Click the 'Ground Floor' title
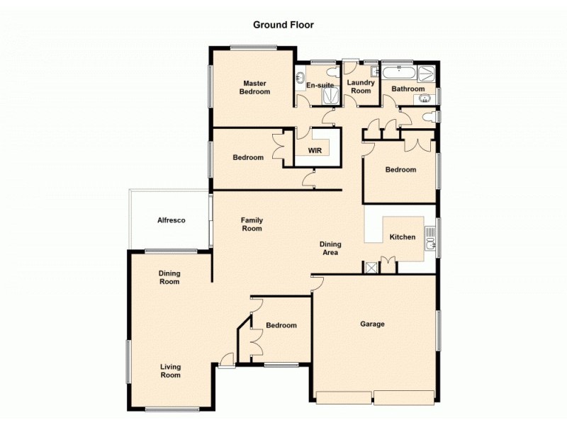pyautogui.click(x=283, y=25)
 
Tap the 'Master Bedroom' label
pyautogui.click(x=254, y=87)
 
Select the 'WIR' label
pyautogui.click(x=315, y=151)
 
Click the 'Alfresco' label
pyautogui.click(x=171, y=220)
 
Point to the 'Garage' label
pyautogui.click(x=372, y=324)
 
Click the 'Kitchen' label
pyautogui.click(x=403, y=237)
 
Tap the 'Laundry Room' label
pyautogui.click(x=361, y=86)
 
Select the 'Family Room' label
pyautogui.click(x=252, y=224)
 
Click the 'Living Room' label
pyautogui.click(x=170, y=370)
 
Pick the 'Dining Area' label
pyautogui.click(x=330, y=248)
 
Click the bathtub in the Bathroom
pyautogui.click(x=399, y=72)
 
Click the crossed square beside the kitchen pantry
pyautogui.click(x=370, y=267)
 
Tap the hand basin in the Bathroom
pyautogui.click(x=425, y=98)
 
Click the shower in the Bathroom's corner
pyautogui.click(x=426, y=73)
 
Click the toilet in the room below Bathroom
pyautogui.click(x=429, y=116)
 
